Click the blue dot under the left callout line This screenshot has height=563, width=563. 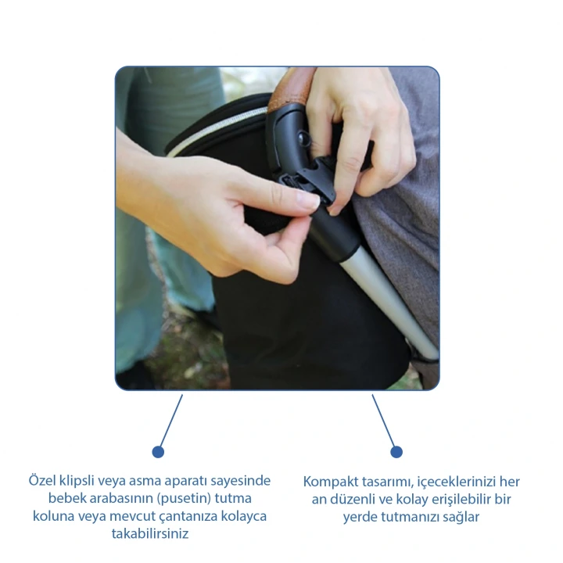[x=158, y=452]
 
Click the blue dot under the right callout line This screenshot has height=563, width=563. [x=396, y=452]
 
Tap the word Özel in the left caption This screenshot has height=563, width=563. [x=42, y=480]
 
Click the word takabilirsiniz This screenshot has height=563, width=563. [x=150, y=533]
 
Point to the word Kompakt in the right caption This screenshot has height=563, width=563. [x=330, y=482]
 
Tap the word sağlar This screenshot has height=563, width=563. [x=461, y=517]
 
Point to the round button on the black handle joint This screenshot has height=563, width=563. [x=304, y=139]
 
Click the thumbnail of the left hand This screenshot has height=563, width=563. [x=308, y=199]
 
